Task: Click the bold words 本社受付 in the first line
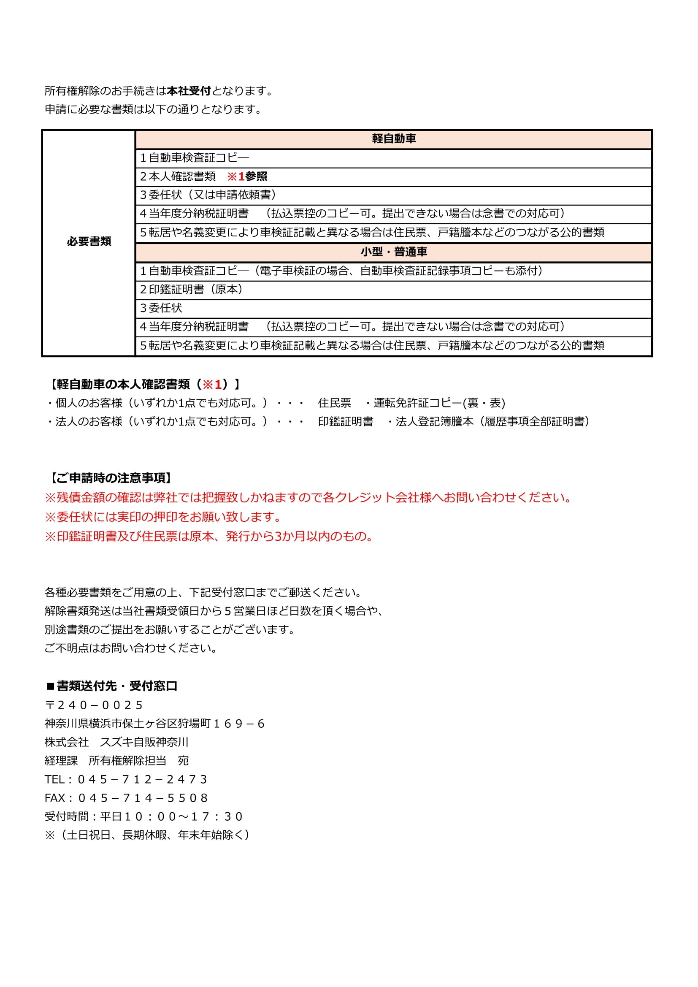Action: point(189,91)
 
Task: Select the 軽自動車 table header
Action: point(394,139)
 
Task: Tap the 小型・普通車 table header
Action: point(394,252)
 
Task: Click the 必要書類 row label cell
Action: point(89,241)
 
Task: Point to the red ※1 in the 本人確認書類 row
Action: point(236,177)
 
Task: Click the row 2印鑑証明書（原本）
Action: point(193,290)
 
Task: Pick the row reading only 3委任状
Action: point(161,308)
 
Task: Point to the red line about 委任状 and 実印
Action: point(164,517)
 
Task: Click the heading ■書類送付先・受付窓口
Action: point(112,686)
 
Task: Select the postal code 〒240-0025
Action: point(94,705)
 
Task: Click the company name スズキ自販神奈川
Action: point(144,743)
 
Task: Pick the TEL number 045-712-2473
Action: point(143,779)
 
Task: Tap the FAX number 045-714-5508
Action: point(143,798)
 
